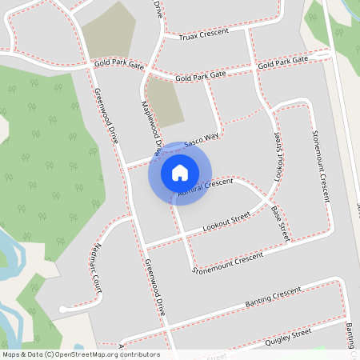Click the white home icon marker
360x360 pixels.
click(x=180, y=173)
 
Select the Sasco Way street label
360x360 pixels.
click(x=201, y=142)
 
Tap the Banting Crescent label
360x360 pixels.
click(x=263, y=298)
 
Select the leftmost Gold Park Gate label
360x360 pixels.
click(x=118, y=64)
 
